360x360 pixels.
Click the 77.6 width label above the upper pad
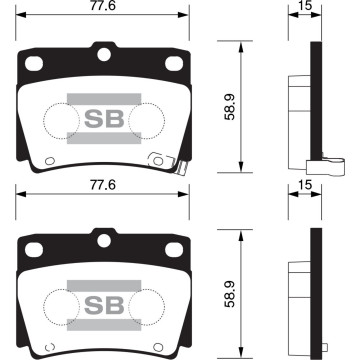tap(101, 7)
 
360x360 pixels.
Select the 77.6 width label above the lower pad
tap(101, 187)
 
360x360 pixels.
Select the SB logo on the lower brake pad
tap(101, 302)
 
